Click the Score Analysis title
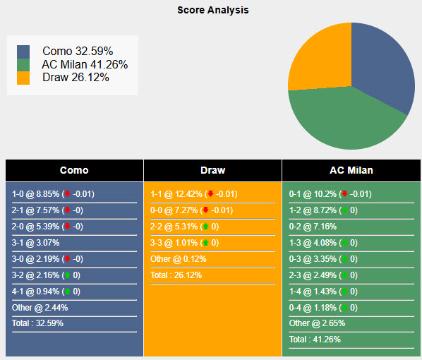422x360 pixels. [x=212, y=11]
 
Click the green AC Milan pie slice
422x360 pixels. [x=339, y=120]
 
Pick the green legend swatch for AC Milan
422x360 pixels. [x=24, y=65]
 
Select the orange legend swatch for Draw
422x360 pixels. [x=24, y=78]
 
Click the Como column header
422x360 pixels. [x=74, y=170]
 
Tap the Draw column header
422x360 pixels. [x=212, y=170]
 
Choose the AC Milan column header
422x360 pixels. [x=351, y=170]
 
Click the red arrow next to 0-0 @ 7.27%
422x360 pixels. [x=205, y=210]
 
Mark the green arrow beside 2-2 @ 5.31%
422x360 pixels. [x=205, y=227]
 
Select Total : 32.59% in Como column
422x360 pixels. [x=38, y=323]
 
